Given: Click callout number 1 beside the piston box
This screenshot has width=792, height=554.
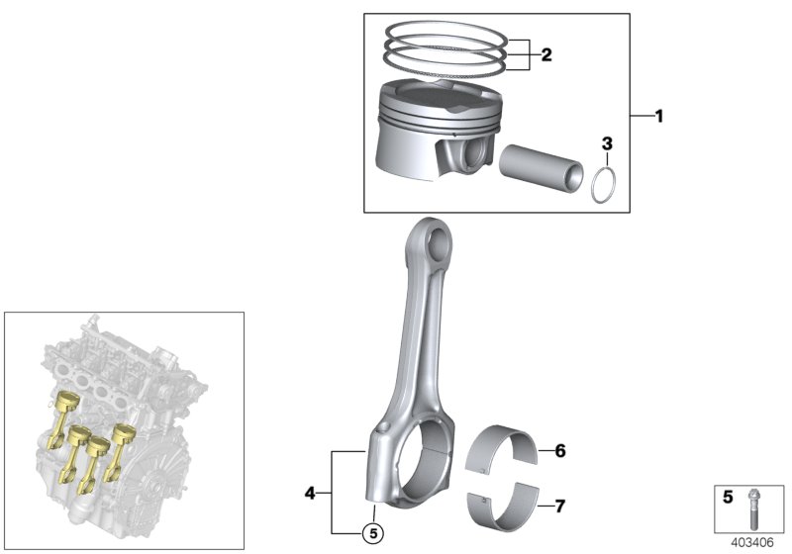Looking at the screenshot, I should point(658,116).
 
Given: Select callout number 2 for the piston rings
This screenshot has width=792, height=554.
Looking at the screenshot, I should point(545,54).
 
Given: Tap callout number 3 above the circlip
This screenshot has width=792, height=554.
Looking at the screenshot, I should point(608,144).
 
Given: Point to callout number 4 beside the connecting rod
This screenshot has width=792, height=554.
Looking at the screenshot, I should point(311,492).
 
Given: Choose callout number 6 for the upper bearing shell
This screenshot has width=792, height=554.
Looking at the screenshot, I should point(559,452).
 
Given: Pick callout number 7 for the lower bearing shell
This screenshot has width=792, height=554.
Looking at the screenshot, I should point(559,508).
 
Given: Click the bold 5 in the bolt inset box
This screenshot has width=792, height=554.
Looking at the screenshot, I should point(727,498).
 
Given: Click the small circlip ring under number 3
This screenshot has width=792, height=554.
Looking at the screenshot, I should point(606,185).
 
